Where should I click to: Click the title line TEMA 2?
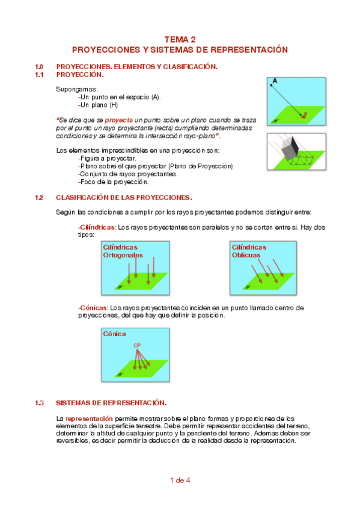[x=180, y=39]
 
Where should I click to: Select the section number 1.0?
[x=39, y=67]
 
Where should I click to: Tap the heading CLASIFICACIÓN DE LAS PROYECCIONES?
[x=124, y=197]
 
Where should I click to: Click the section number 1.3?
[x=39, y=403]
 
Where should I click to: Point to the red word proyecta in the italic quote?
[x=118, y=120]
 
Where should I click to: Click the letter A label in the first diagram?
[x=275, y=81]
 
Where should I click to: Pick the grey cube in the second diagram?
[x=289, y=148]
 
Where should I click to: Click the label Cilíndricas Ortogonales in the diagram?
[x=123, y=251]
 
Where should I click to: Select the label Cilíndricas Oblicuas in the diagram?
[x=249, y=251]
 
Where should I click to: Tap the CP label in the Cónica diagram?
[x=137, y=345]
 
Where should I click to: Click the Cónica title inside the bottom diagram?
[x=114, y=334]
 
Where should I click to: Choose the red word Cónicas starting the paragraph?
[x=93, y=308]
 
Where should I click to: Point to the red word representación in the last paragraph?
[x=89, y=419]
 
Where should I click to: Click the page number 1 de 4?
[x=180, y=481]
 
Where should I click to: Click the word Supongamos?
[x=77, y=90]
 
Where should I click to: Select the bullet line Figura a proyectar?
[x=107, y=158]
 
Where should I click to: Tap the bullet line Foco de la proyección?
[x=114, y=182]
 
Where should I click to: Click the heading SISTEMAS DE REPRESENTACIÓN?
[x=111, y=403]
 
